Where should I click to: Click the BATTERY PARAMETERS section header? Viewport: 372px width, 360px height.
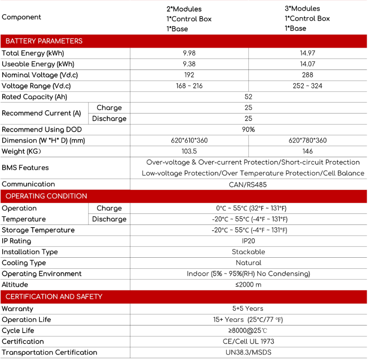pyautogui.click(x=44, y=41)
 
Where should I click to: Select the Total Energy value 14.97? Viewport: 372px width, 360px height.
pyautogui.click(x=307, y=53)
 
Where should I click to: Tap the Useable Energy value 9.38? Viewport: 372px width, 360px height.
pyautogui.click(x=189, y=64)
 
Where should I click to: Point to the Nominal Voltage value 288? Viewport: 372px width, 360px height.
pyautogui.click(x=307, y=75)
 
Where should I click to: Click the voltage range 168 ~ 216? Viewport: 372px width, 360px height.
pyautogui.click(x=189, y=86)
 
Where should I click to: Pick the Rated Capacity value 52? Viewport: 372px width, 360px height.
pyautogui.click(x=248, y=97)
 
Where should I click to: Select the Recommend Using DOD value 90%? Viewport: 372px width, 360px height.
pyautogui.click(x=248, y=130)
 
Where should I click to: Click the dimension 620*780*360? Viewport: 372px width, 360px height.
pyautogui.click(x=307, y=140)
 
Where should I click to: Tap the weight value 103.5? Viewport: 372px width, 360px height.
pyautogui.click(x=189, y=151)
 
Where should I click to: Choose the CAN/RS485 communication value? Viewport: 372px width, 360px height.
pyautogui.click(x=248, y=184)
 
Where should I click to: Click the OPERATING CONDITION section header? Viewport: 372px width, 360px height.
pyautogui.click(x=46, y=196)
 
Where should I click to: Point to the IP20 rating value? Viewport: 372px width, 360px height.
pyautogui.click(x=248, y=241)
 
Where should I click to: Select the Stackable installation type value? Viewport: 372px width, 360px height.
pyautogui.click(x=248, y=252)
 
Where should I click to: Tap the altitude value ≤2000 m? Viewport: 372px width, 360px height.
pyautogui.click(x=248, y=285)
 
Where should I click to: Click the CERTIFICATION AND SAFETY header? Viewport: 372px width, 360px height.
pyautogui.click(x=54, y=297)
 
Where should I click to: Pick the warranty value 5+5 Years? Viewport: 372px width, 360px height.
pyautogui.click(x=248, y=309)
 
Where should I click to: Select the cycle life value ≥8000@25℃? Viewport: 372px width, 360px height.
pyautogui.click(x=248, y=331)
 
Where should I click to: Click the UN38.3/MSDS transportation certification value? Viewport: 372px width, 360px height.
pyautogui.click(x=248, y=352)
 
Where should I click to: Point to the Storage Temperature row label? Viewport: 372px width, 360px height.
pyautogui.click(x=38, y=230)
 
